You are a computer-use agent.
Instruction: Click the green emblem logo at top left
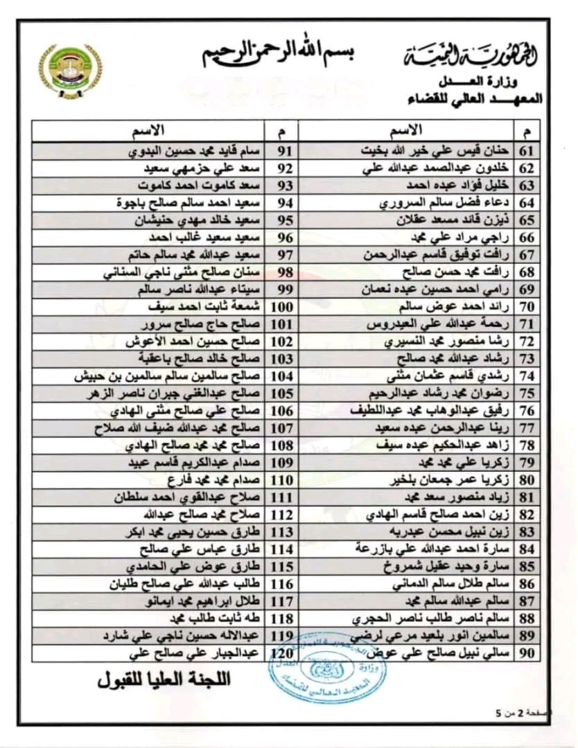pos(70,71)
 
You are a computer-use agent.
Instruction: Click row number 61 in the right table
pos(527,150)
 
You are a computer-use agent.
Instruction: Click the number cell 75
pos(527,392)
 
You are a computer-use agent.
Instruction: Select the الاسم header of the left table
pos(148,130)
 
